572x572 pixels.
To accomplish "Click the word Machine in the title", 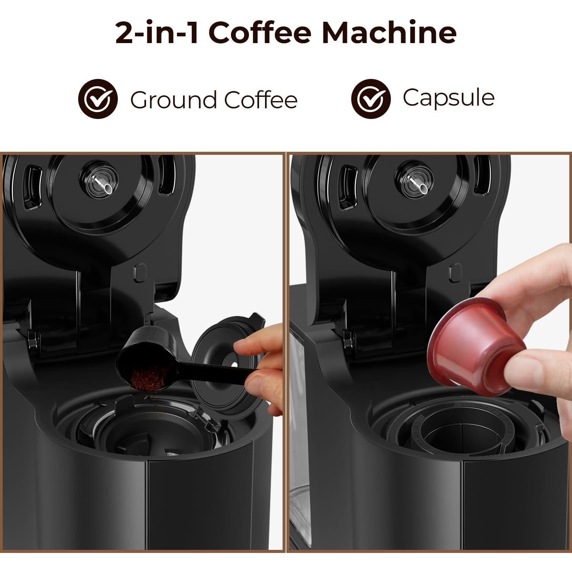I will pos(389,33).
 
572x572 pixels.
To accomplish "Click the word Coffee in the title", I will pos(260,33).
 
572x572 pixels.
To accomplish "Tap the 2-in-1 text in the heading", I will pos(156,33).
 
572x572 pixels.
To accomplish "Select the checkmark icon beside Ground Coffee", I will pos(98,99).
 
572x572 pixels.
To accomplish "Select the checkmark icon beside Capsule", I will pos(371,99).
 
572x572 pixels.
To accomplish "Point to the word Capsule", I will pos(448,98).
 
